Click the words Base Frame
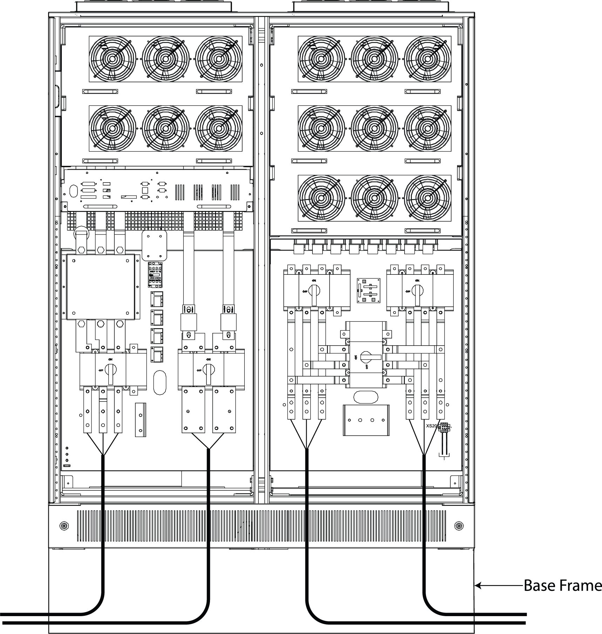562,586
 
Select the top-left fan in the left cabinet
113,58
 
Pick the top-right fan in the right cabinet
427,58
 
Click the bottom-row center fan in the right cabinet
374,198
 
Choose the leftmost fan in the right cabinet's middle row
321,128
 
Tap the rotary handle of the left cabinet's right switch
209,371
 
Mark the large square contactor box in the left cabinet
101,286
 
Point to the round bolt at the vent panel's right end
458,526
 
